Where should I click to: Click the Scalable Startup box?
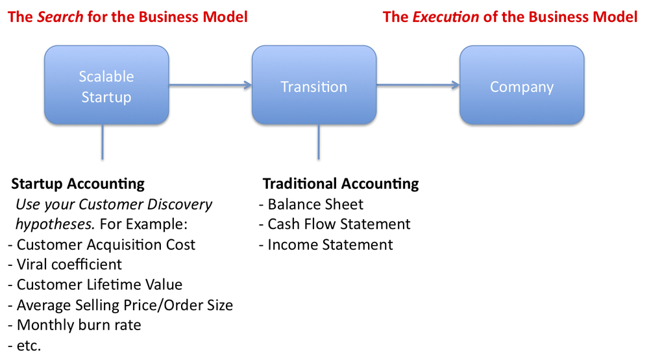coord(106,85)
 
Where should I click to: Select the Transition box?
coord(314,85)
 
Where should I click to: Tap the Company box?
coord(522,85)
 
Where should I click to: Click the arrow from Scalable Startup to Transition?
coord(210,85)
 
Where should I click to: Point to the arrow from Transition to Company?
coord(418,85)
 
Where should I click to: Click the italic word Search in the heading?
coord(60,17)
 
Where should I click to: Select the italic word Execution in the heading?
coord(446,17)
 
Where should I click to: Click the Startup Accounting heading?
coord(78,184)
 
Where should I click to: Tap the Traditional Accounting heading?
coord(341,184)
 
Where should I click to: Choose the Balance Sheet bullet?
coord(311,204)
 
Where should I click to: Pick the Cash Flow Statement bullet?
coord(334,224)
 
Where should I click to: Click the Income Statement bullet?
coord(326,245)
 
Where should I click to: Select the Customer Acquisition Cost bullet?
coord(101,245)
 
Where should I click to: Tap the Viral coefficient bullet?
coord(65,265)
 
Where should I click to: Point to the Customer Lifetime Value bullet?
coord(95,285)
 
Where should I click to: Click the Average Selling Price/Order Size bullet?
coord(121,306)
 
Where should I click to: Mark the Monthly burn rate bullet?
coord(75,325)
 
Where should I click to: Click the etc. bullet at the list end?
coord(25,346)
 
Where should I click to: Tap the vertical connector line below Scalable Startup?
coord(103,142)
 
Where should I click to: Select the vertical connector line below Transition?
coord(318,142)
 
